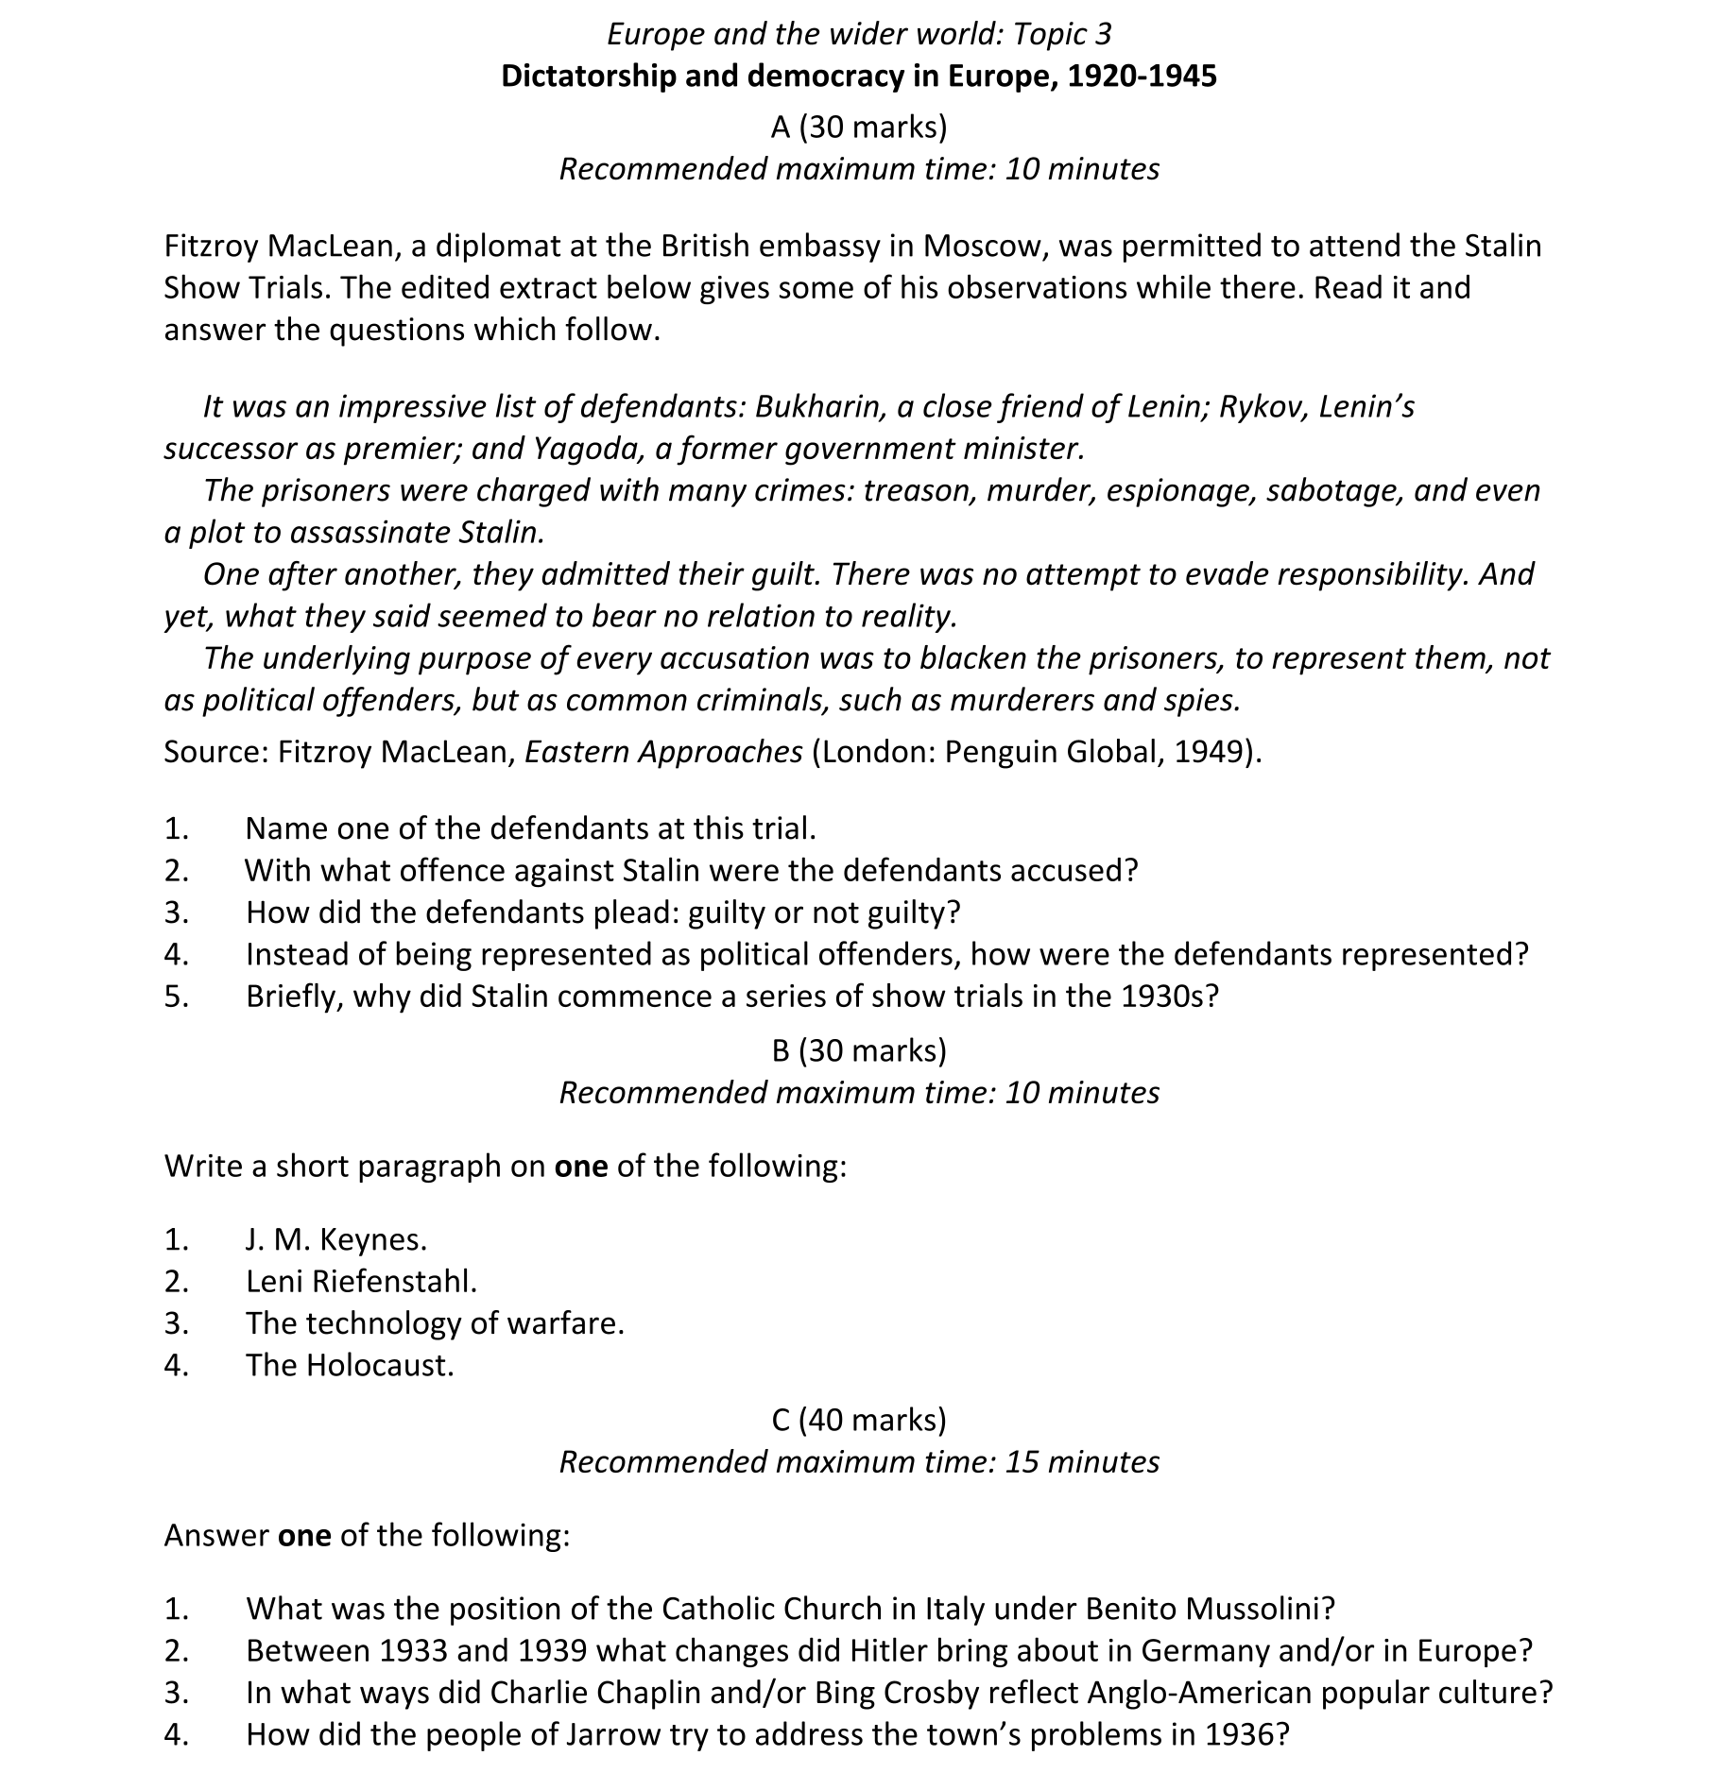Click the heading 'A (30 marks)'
click(858, 127)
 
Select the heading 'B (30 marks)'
click(858, 1050)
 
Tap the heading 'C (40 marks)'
click(858, 1420)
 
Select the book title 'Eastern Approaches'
click(663, 752)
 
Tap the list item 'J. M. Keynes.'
click(336, 1239)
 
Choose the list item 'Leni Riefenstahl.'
click(361, 1282)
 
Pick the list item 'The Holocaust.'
click(350, 1366)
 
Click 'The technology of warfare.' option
click(435, 1323)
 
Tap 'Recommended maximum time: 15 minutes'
click(858, 1462)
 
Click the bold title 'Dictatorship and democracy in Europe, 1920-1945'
click(858, 77)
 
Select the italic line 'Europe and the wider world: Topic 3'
click(858, 34)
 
